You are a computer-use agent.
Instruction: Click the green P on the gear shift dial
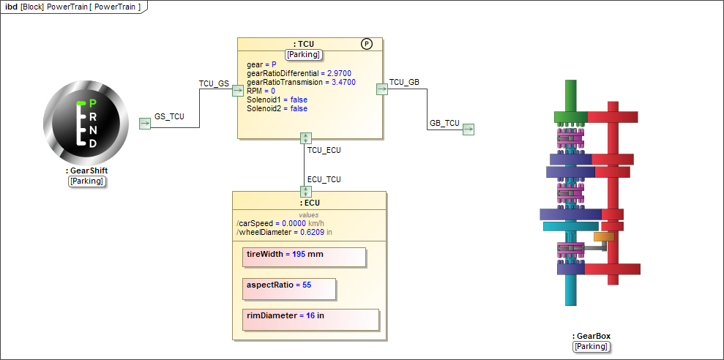pos(92,103)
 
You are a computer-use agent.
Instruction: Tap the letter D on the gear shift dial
pos(93,143)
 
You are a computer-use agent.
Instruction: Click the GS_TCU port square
pos(145,123)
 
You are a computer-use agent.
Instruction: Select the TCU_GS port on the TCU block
pos(237,90)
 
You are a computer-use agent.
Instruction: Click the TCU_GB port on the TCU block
pos(381,89)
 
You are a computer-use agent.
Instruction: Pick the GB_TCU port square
pos(469,130)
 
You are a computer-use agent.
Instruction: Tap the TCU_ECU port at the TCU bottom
pos(306,138)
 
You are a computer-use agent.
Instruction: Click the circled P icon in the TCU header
pos(367,45)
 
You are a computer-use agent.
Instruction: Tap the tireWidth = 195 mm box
pos(303,257)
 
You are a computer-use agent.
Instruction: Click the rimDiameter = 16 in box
pos(310,319)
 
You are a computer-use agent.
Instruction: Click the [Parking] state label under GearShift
pos(87,181)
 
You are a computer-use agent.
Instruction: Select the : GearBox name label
pos(591,337)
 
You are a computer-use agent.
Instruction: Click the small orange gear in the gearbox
pos(604,236)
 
